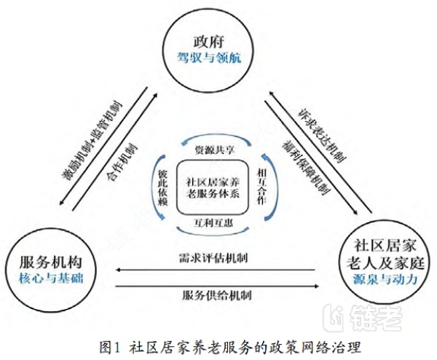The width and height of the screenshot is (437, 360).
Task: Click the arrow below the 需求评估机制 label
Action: coord(216,270)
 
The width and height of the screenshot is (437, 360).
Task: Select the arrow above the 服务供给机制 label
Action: coord(216,285)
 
